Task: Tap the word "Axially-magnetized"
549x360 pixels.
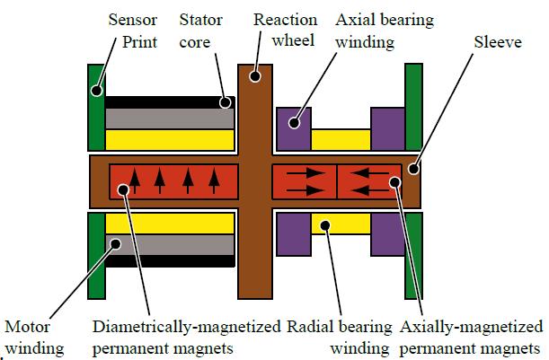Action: [x=472, y=325]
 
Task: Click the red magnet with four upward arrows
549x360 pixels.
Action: [x=174, y=181]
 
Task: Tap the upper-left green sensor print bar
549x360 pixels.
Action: [x=96, y=108]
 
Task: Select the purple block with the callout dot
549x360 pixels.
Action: [x=295, y=125]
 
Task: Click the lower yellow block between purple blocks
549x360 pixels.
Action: [x=341, y=224]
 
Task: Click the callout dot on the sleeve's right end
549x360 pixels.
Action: [x=414, y=168]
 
